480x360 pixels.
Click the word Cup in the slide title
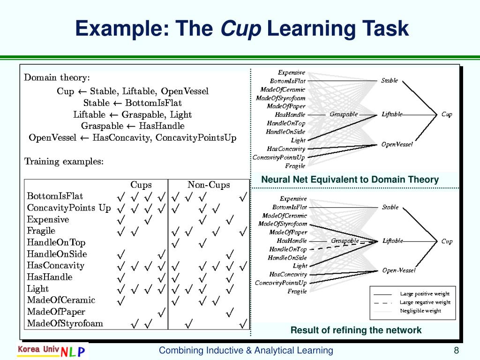240,29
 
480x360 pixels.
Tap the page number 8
456,351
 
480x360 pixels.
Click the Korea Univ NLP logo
52,351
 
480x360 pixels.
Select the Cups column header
141,185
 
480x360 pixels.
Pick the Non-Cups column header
209,185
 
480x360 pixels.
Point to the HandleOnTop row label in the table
56,242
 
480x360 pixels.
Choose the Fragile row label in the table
41,231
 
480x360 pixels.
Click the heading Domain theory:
57,77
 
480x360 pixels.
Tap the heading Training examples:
64,162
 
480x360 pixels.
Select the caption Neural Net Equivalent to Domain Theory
350,180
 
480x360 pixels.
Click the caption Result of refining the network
356,330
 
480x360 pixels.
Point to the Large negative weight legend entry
425,302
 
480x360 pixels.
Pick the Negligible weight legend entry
420,311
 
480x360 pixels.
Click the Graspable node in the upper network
344,114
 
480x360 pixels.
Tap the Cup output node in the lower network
447,241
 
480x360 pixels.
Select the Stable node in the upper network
390,81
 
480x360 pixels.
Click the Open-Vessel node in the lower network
398,270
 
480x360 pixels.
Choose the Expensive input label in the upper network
292,73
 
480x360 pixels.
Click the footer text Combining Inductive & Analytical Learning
246,351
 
